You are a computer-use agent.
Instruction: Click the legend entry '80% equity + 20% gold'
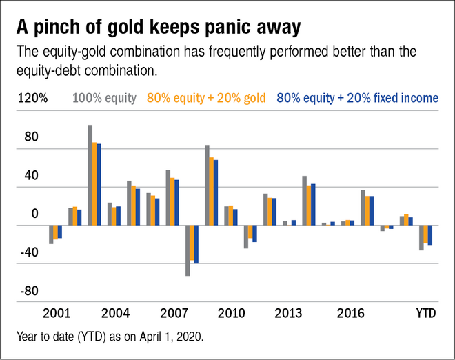207,98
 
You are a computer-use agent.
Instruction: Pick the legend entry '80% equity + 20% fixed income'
357,98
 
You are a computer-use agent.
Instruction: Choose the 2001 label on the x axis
56,314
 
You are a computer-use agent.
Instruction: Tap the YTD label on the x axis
425,314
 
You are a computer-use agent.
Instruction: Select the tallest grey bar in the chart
90,175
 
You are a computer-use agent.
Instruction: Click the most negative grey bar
188,250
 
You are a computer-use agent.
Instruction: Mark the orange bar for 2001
56,232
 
